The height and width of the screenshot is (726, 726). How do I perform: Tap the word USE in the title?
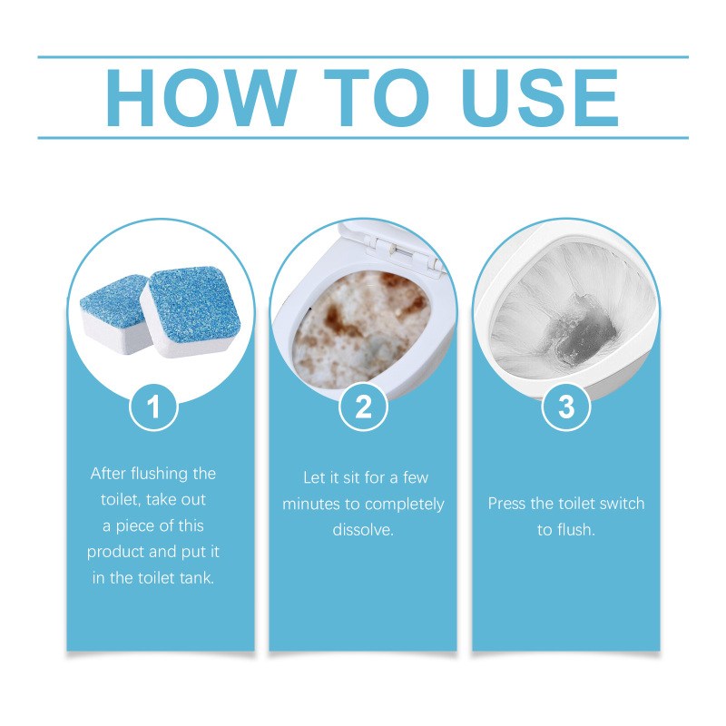tap(540, 98)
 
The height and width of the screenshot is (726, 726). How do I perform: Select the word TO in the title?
tap(377, 98)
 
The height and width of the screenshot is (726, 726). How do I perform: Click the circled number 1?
tap(153, 407)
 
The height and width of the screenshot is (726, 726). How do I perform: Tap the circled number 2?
tap(364, 407)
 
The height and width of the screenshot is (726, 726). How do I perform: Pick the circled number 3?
tap(566, 407)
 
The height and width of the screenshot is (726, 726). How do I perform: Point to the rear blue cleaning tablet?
tap(115, 313)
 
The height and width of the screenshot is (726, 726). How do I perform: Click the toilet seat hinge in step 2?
tap(404, 251)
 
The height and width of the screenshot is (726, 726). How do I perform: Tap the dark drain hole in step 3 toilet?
tap(584, 334)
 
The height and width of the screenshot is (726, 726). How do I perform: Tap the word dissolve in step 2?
tap(363, 530)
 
